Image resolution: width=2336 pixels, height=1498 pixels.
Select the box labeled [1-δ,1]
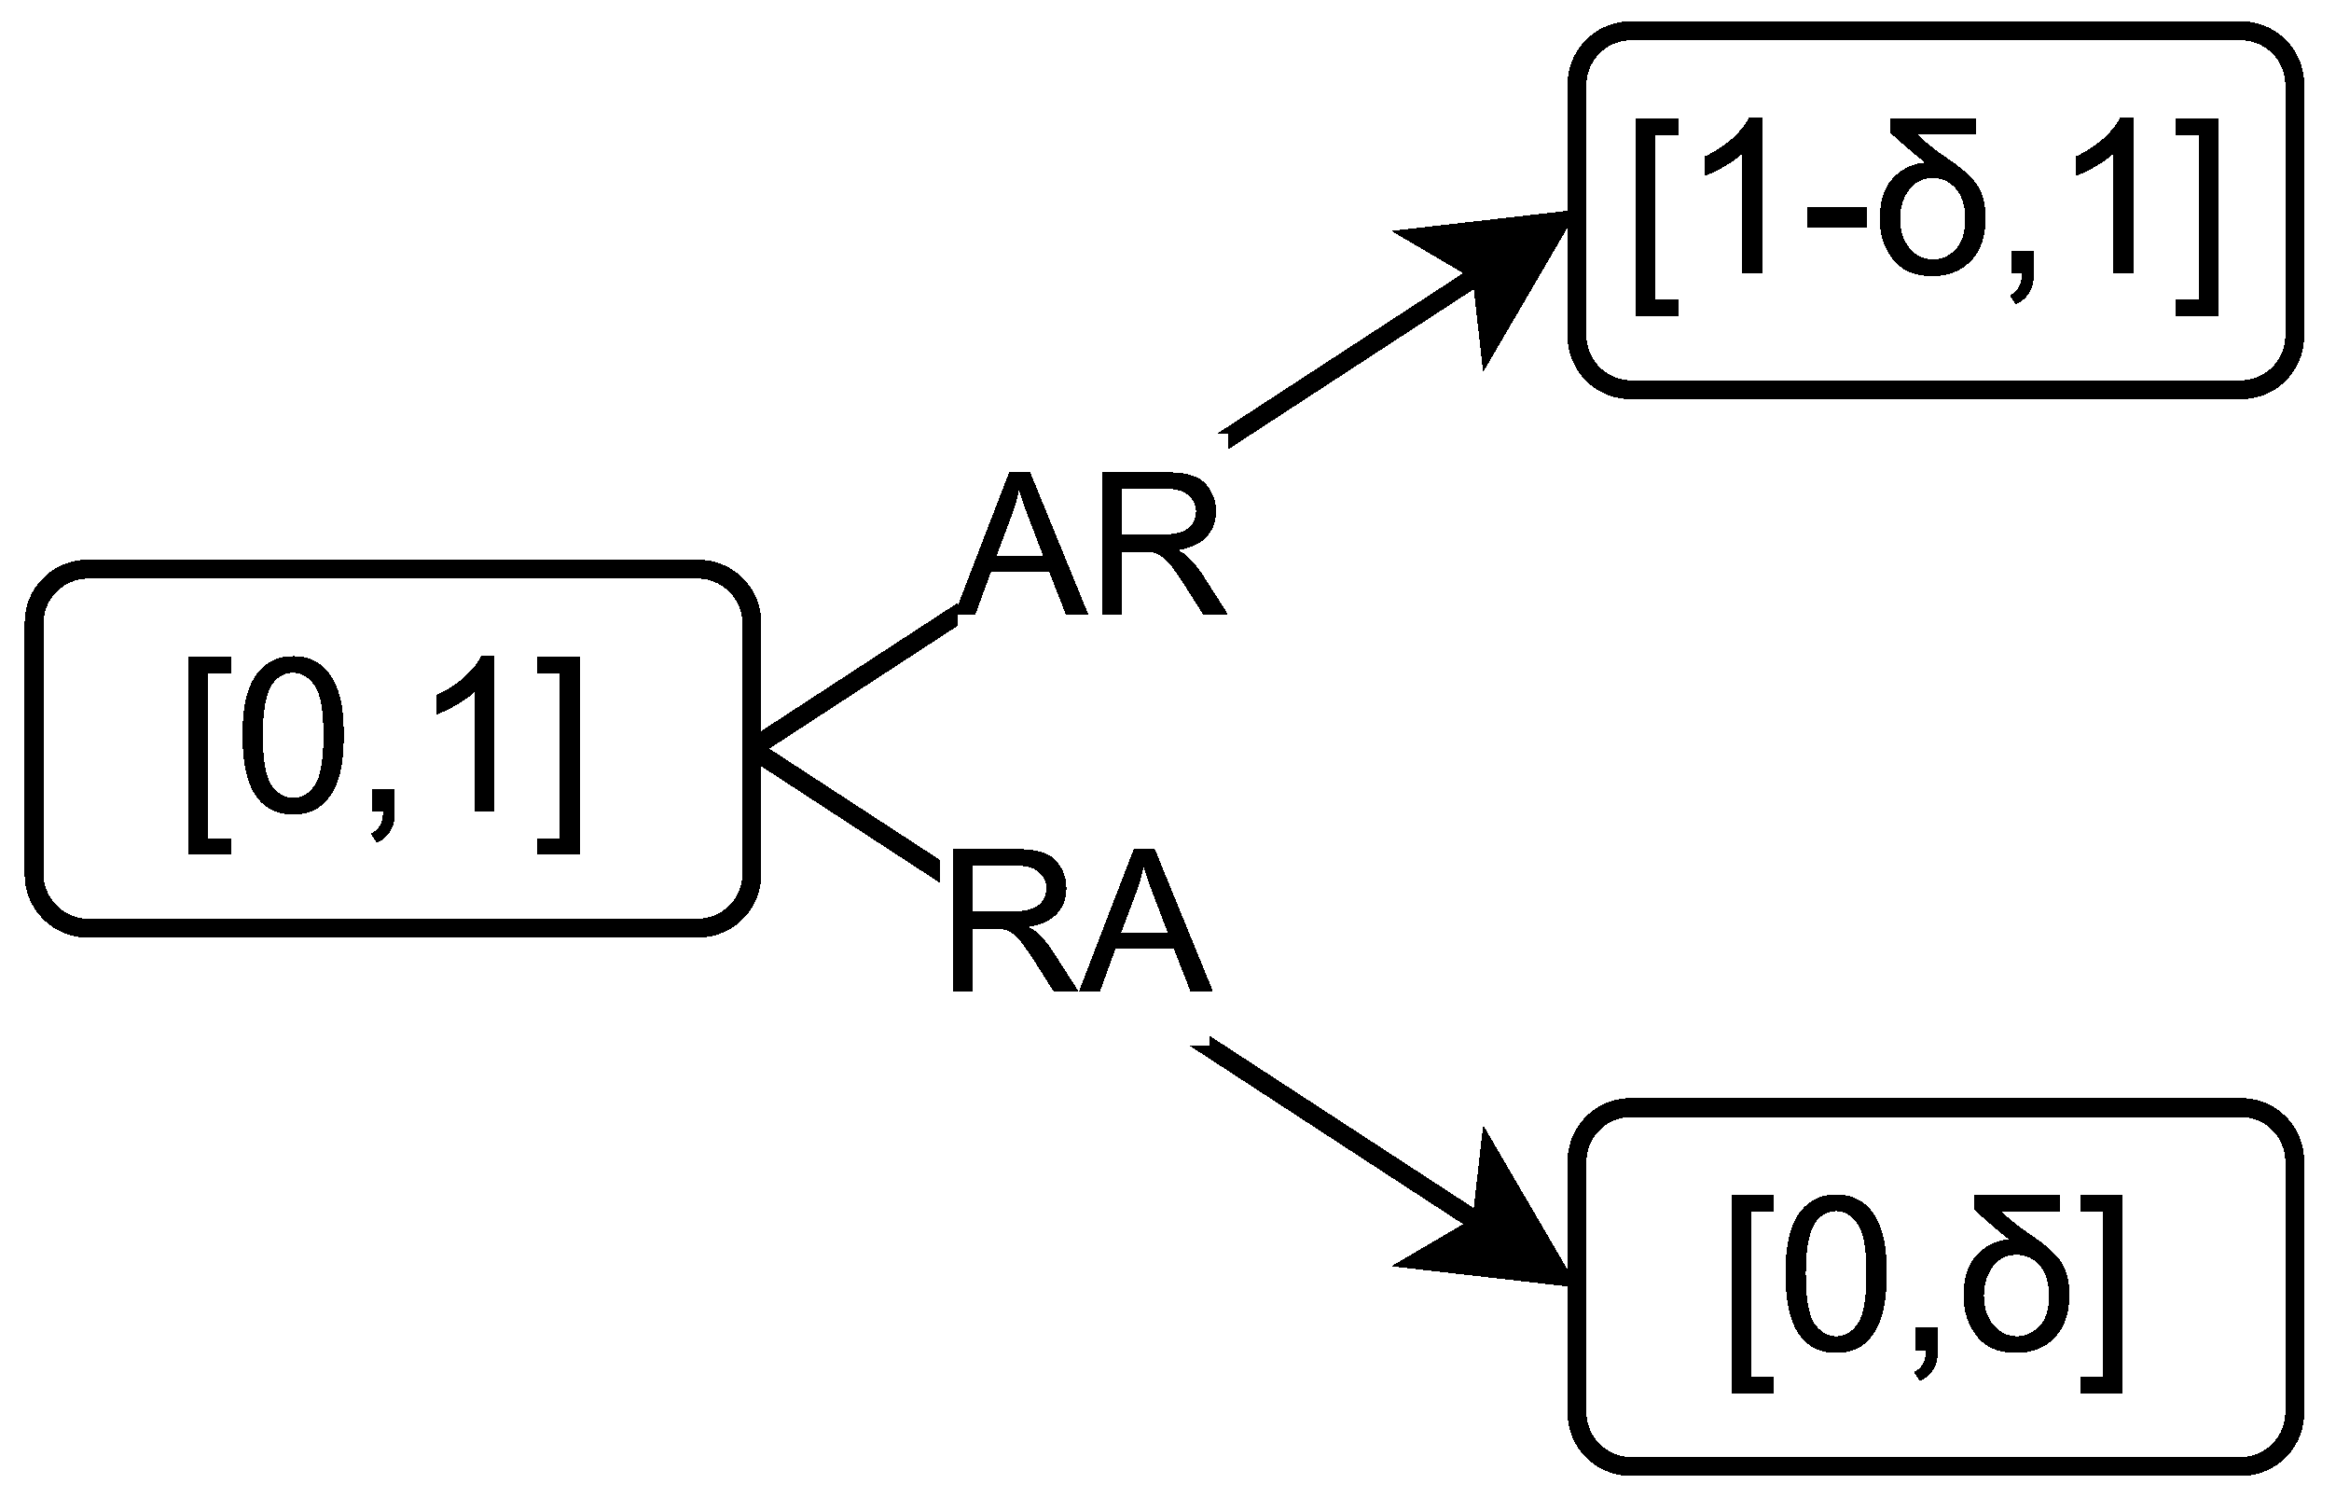point(1935,210)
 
